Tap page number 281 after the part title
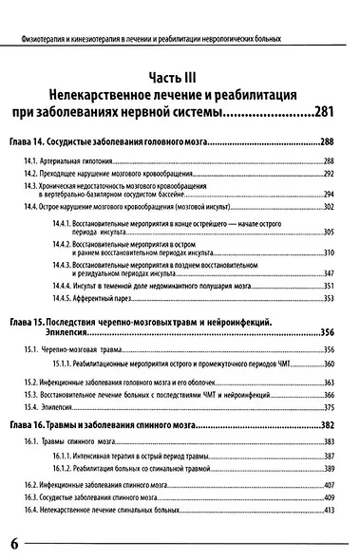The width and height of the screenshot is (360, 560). coord(325,113)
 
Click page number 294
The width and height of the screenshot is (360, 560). coord(331,195)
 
